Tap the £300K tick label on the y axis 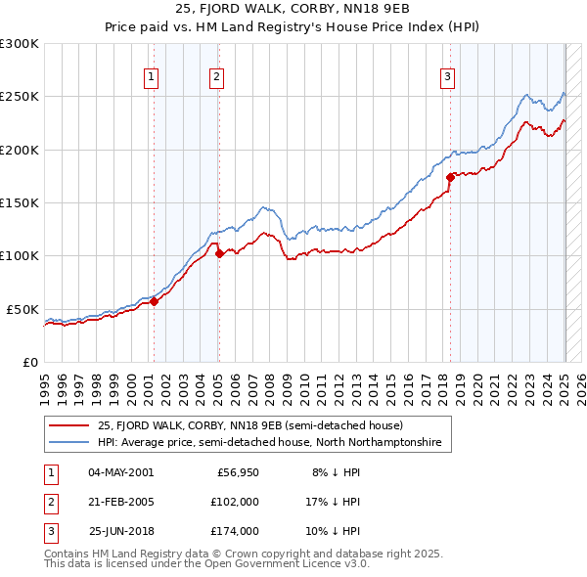(20, 44)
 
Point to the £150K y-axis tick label (20, 202)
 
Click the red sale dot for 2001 (154, 302)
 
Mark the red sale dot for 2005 (219, 254)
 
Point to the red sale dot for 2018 (451, 178)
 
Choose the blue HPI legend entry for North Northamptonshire (269, 442)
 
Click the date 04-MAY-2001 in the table (120, 471)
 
